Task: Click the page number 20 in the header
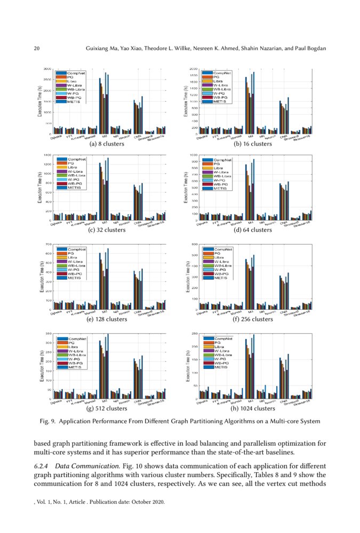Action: point(37,49)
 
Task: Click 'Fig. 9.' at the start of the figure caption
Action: point(49,422)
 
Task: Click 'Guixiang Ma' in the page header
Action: point(103,49)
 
